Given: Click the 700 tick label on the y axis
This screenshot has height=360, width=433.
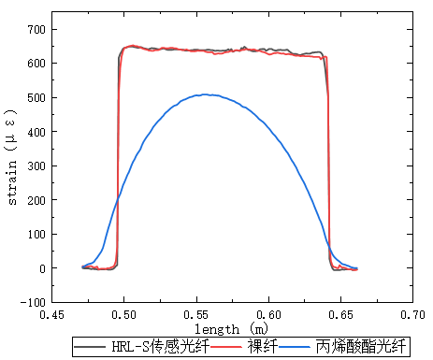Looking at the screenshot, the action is coord(36,30).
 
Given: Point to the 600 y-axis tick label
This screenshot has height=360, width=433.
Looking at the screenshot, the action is coord(36,64).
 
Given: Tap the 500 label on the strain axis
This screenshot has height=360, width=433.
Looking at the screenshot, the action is coord(36,98).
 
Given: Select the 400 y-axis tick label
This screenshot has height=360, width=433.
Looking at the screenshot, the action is coord(36,132).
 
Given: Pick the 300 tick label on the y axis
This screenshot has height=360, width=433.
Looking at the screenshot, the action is coord(36,166).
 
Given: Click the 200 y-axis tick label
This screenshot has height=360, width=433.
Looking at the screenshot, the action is coord(36,200).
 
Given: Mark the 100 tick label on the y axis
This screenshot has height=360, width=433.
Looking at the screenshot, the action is coord(36,235).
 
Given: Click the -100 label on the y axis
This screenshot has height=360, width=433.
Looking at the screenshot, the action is coord(33,302).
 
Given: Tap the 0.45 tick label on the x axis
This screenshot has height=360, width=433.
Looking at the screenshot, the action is coord(51,315).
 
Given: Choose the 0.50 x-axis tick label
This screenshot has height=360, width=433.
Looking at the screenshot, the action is coord(124,315).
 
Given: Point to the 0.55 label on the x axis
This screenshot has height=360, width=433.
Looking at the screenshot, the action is coord(196,315).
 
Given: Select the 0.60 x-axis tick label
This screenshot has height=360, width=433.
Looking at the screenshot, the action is coord(268,315).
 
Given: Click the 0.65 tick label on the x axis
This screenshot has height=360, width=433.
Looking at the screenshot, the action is coord(340,315).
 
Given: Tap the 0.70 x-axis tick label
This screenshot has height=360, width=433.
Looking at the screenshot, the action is coord(412,315).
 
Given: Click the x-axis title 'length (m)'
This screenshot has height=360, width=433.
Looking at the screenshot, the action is coord(231,329).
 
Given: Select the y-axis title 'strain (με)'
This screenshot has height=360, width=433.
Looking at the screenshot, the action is coord(11,157).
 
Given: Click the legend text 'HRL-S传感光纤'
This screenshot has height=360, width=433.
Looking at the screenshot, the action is coord(161,346).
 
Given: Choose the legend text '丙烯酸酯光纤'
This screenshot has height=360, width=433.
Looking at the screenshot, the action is coord(361,346).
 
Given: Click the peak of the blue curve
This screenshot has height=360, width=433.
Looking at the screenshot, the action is coord(205,94).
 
